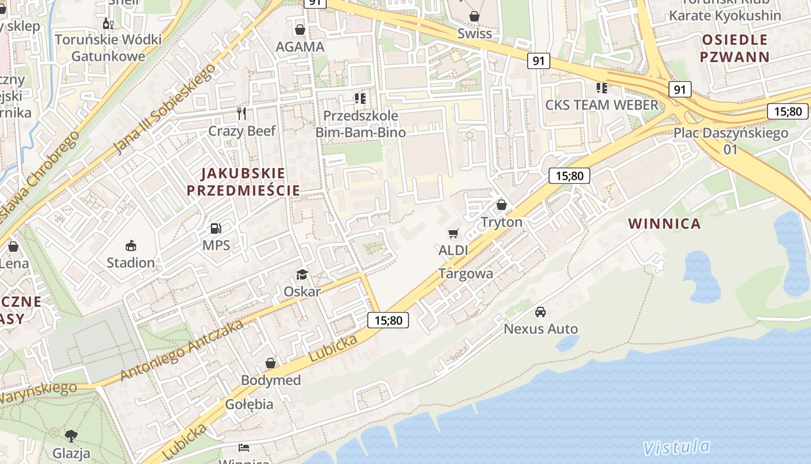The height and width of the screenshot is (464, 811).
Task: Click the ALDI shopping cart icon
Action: click(453, 233)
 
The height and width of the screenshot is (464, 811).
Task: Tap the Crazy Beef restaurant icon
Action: click(242, 113)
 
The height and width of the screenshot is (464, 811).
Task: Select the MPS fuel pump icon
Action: click(215, 229)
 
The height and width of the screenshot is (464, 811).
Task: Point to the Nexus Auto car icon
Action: click(540, 312)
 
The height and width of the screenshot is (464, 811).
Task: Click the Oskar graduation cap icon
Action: click(302, 274)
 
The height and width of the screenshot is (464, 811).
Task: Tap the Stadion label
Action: click(131, 263)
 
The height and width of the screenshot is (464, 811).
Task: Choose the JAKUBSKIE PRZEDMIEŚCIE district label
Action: click(243, 182)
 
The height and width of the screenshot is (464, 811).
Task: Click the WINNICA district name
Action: click(664, 224)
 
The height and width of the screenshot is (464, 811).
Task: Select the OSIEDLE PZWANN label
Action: click(735, 48)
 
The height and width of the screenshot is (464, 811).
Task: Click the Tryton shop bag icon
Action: click(502, 205)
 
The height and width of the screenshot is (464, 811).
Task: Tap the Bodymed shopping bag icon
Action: click(271, 364)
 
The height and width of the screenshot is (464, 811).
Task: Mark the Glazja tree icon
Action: click(71, 436)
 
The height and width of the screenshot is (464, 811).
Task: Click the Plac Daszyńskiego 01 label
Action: click(730, 140)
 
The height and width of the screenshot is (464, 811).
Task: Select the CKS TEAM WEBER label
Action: click(602, 105)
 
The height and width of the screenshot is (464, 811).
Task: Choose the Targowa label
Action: click(466, 274)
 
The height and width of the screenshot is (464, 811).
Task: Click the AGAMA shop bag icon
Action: click(300, 29)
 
